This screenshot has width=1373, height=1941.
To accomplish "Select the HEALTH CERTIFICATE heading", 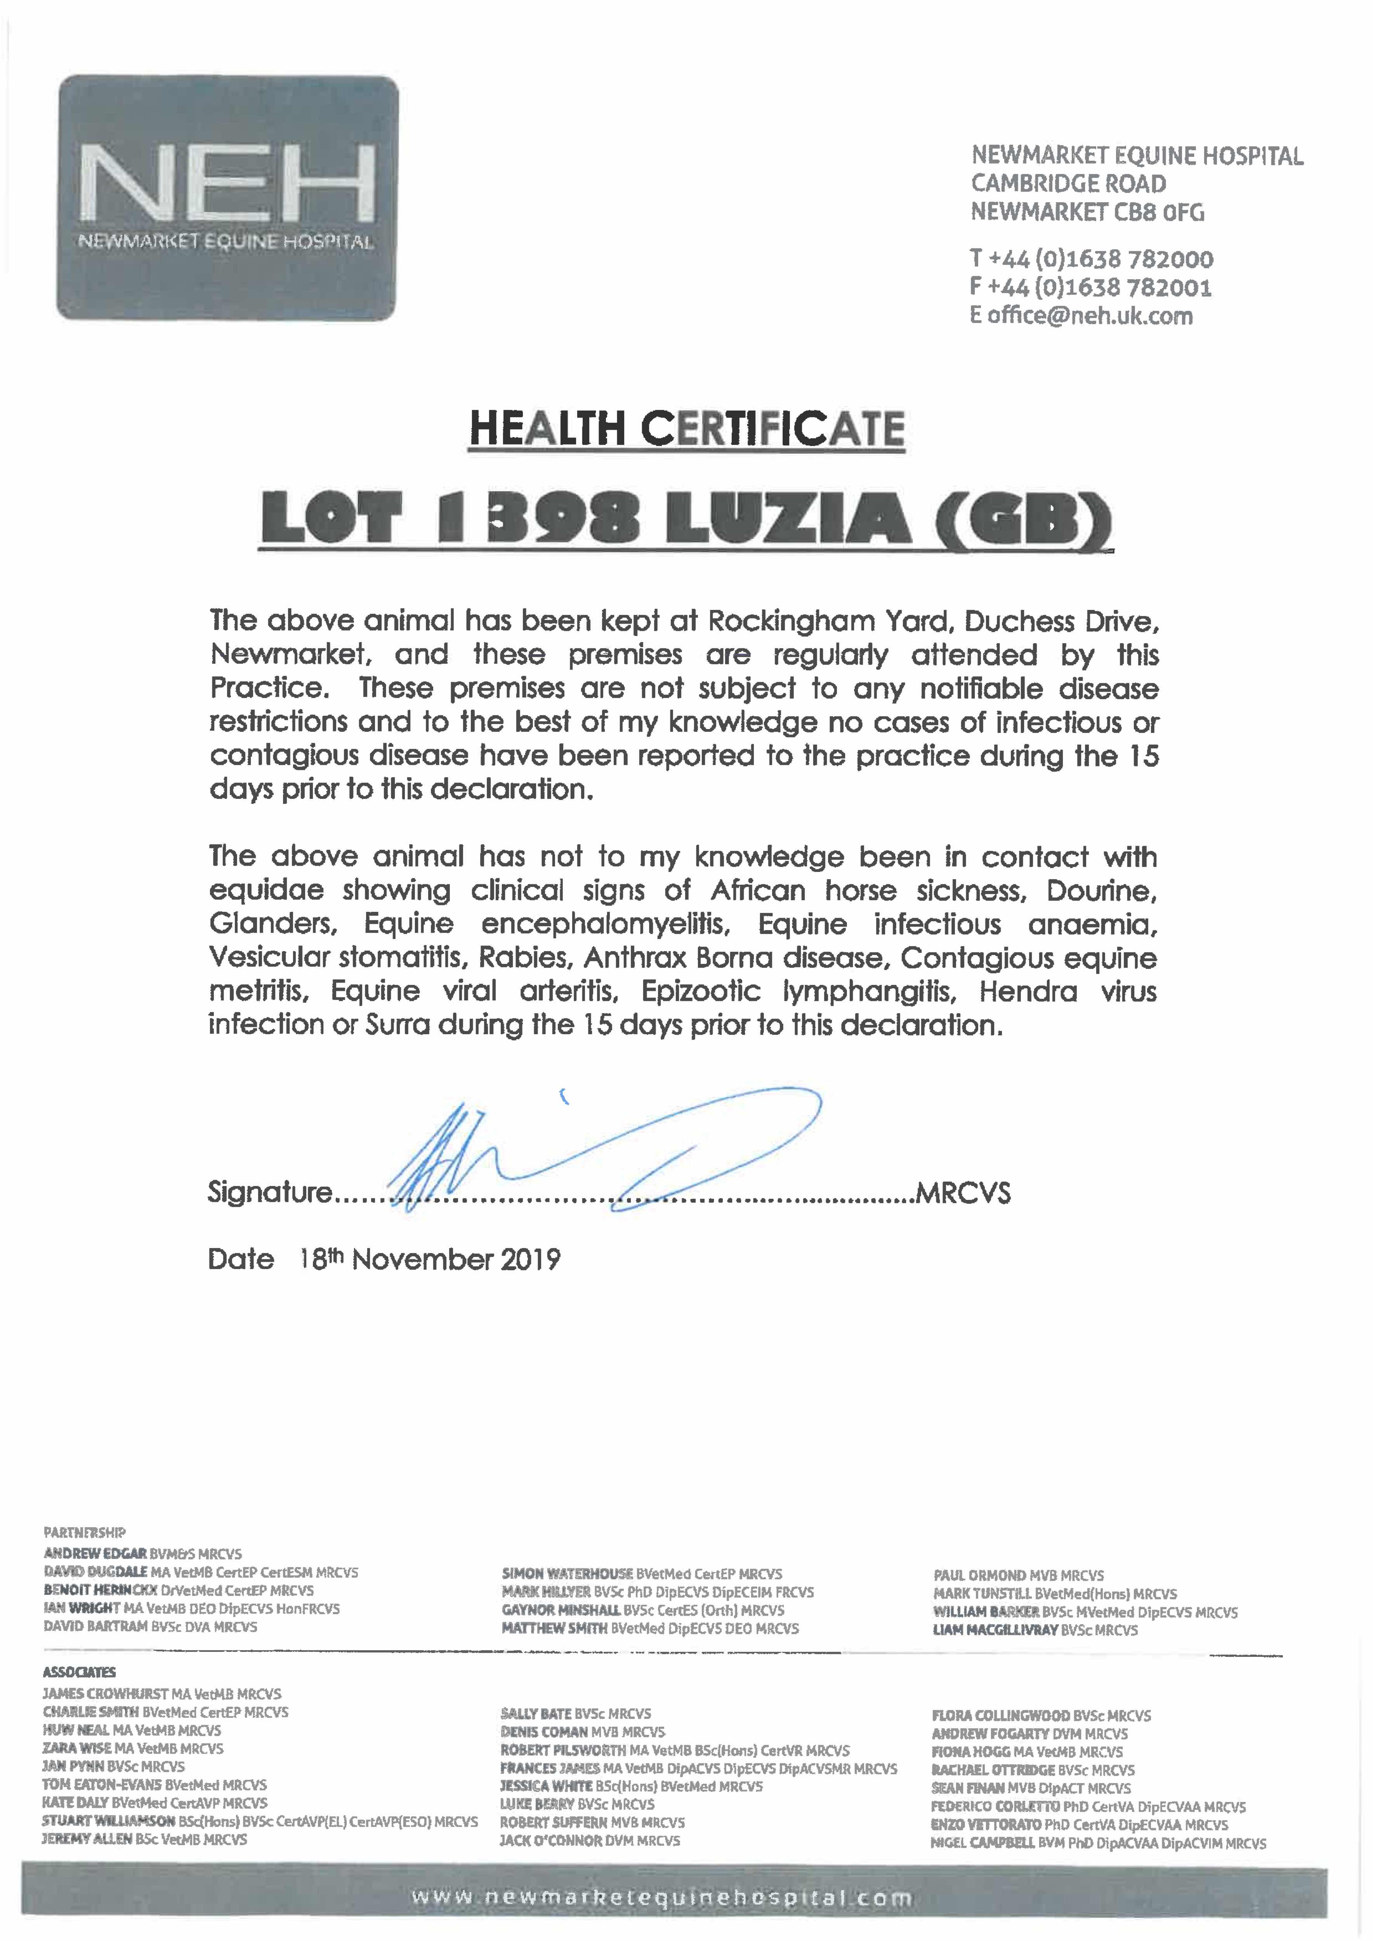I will tap(686, 429).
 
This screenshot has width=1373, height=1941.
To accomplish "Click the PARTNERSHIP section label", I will tap(85, 1532).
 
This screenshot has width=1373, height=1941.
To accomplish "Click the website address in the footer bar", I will tap(661, 1898).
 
